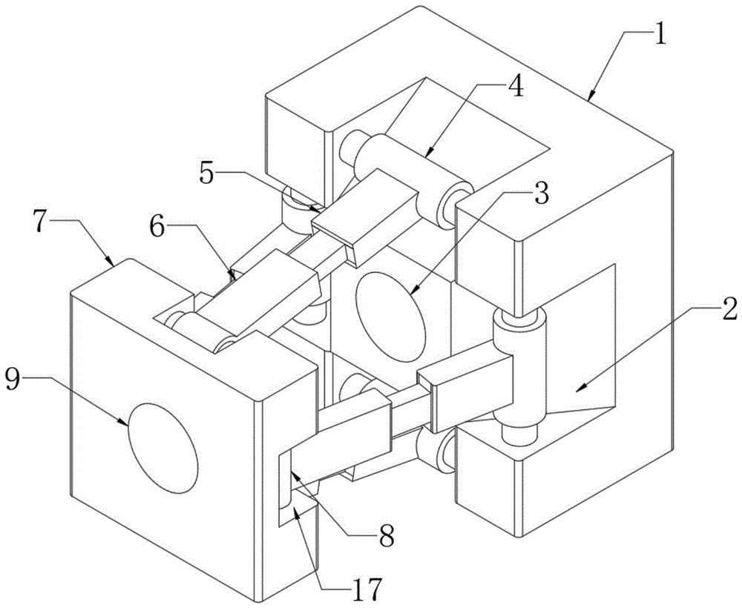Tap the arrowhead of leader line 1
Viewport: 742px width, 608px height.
click(589, 99)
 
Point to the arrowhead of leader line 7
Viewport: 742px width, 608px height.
click(111, 265)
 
